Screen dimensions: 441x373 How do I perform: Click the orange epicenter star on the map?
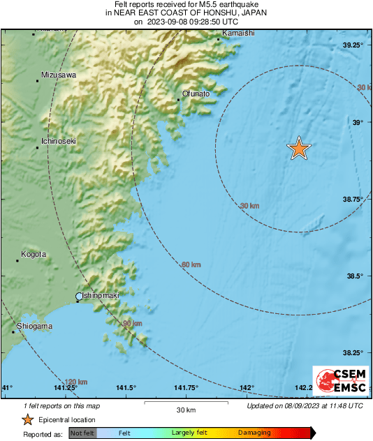pyautogui.click(x=299, y=148)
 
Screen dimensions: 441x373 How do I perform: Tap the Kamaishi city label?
pyautogui.click(x=237, y=33)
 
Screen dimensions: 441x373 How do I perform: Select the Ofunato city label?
pyautogui.click(x=196, y=93)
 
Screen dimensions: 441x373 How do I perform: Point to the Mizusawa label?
pyautogui.click(x=59, y=75)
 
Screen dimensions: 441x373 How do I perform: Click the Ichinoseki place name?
pyautogui.click(x=59, y=141)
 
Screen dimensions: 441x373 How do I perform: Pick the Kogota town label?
pyautogui.click(x=34, y=255)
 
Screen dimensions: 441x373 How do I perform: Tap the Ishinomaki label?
pyautogui.click(x=101, y=296)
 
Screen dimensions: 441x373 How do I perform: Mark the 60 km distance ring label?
pyautogui.click(x=191, y=265)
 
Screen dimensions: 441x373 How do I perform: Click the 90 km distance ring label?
pyautogui.click(x=132, y=324)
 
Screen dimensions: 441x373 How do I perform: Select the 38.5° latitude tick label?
pyautogui.click(x=356, y=276)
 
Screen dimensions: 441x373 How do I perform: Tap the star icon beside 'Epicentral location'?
pyautogui.click(x=27, y=419)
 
